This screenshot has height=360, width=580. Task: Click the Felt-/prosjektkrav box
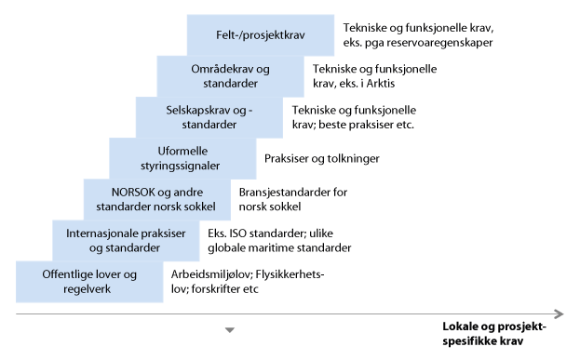point(261,33)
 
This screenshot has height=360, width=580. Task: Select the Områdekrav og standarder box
point(230,76)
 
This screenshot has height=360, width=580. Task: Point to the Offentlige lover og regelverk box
point(89,281)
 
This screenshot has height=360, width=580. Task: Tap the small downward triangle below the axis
point(231,330)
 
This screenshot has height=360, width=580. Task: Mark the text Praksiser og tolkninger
point(321,158)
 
